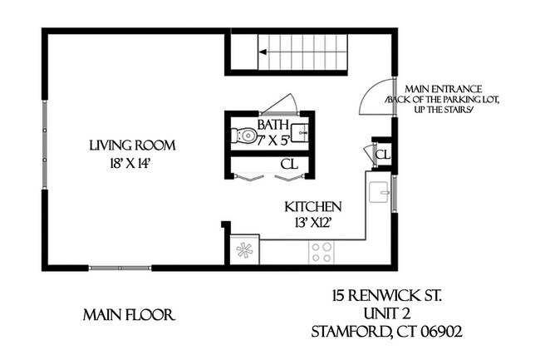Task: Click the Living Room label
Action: point(133,146)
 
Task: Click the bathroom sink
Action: point(303,132)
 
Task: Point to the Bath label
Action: point(272,124)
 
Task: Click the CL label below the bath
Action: point(288,165)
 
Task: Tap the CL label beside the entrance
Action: point(383,155)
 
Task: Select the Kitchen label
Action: point(313,206)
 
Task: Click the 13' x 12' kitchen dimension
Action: point(313,222)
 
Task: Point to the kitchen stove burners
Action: point(322,250)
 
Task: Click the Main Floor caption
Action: point(128,316)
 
